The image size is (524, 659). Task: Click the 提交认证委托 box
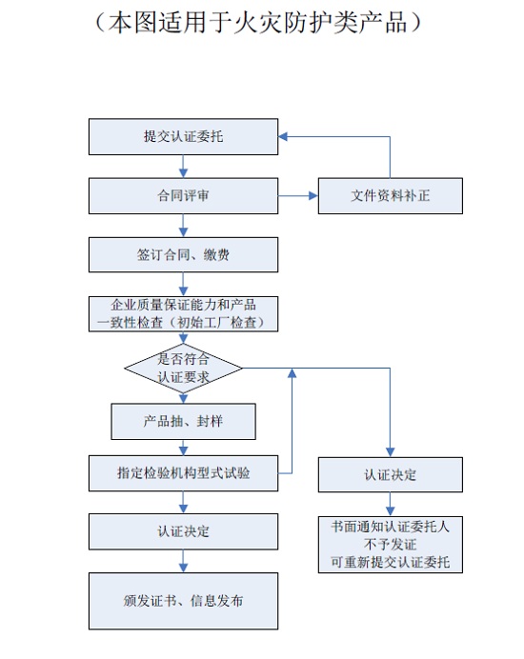183,136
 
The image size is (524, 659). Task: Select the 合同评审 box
183,196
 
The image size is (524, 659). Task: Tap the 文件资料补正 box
391,196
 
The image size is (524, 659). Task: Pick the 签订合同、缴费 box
183,254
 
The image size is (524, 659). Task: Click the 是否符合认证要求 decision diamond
183,369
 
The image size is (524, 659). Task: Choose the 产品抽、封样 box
183,422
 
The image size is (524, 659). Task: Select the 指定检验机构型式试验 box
183,473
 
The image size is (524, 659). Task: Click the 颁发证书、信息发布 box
183,601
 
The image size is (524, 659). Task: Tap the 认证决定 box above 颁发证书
183,531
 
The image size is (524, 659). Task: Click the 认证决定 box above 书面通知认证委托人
391,475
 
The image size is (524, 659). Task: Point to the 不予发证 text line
391,545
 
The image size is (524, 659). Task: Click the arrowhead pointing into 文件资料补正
313,196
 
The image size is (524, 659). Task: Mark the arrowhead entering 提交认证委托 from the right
283,136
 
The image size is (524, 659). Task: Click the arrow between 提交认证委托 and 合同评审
183,167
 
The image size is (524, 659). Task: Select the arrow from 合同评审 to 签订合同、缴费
183,226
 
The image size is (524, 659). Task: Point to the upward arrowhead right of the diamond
292,373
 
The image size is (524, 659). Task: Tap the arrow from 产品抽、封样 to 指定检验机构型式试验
183,448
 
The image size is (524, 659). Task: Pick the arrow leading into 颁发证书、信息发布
183,561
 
